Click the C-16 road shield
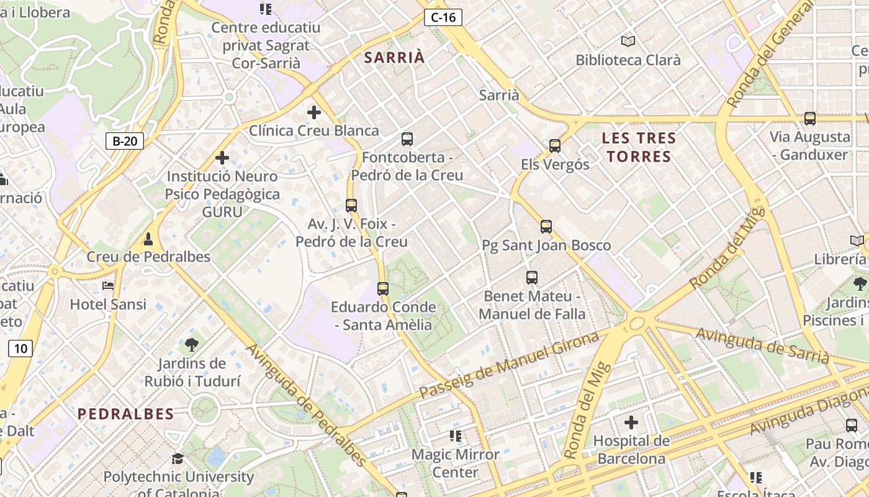click(x=443, y=17)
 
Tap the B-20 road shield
click(x=124, y=141)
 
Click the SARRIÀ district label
click(x=395, y=58)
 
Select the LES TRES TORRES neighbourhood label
click(x=639, y=147)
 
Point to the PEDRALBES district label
click(x=126, y=414)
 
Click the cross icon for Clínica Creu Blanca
click(x=314, y=112)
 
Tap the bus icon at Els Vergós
click(x=555, y=146)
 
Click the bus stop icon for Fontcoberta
click(x=407, y=139)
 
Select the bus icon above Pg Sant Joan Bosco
click(x=546, y=227)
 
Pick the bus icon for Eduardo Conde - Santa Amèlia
click(x=383, y=288)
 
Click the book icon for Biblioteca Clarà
click(x=628, y=41)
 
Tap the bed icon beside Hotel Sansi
click(x=108, y=286)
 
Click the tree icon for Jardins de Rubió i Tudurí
click(x=192, y=344)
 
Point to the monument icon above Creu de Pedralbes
click(x=148, y=239)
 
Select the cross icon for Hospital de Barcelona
click(x=631, y=422)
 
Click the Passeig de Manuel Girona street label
click(x=509, y=365)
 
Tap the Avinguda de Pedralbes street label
click(x=307, y=404)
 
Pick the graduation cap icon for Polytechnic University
click(x=178, y=458)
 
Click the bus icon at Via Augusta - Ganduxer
click(x=809, y=118)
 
